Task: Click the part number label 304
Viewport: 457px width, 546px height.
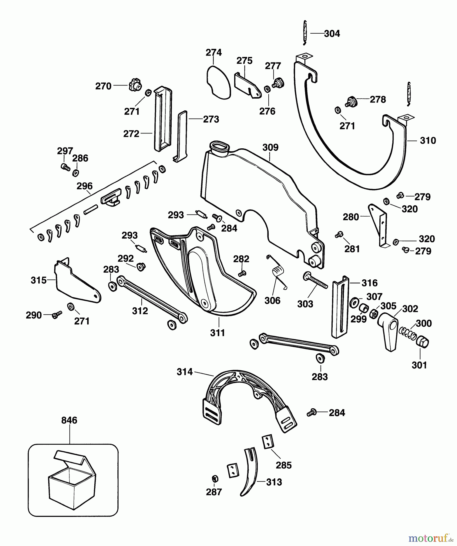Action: point(332,34)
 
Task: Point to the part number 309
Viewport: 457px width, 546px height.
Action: point(270,148)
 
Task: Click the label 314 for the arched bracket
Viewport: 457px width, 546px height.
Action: point(185,372)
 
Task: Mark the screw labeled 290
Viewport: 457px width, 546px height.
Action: point(56,315)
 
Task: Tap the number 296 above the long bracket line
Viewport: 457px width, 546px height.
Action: point(84,186)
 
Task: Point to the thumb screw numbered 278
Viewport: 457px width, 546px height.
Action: point(352,101)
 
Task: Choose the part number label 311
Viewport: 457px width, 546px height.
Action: point(217,333)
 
